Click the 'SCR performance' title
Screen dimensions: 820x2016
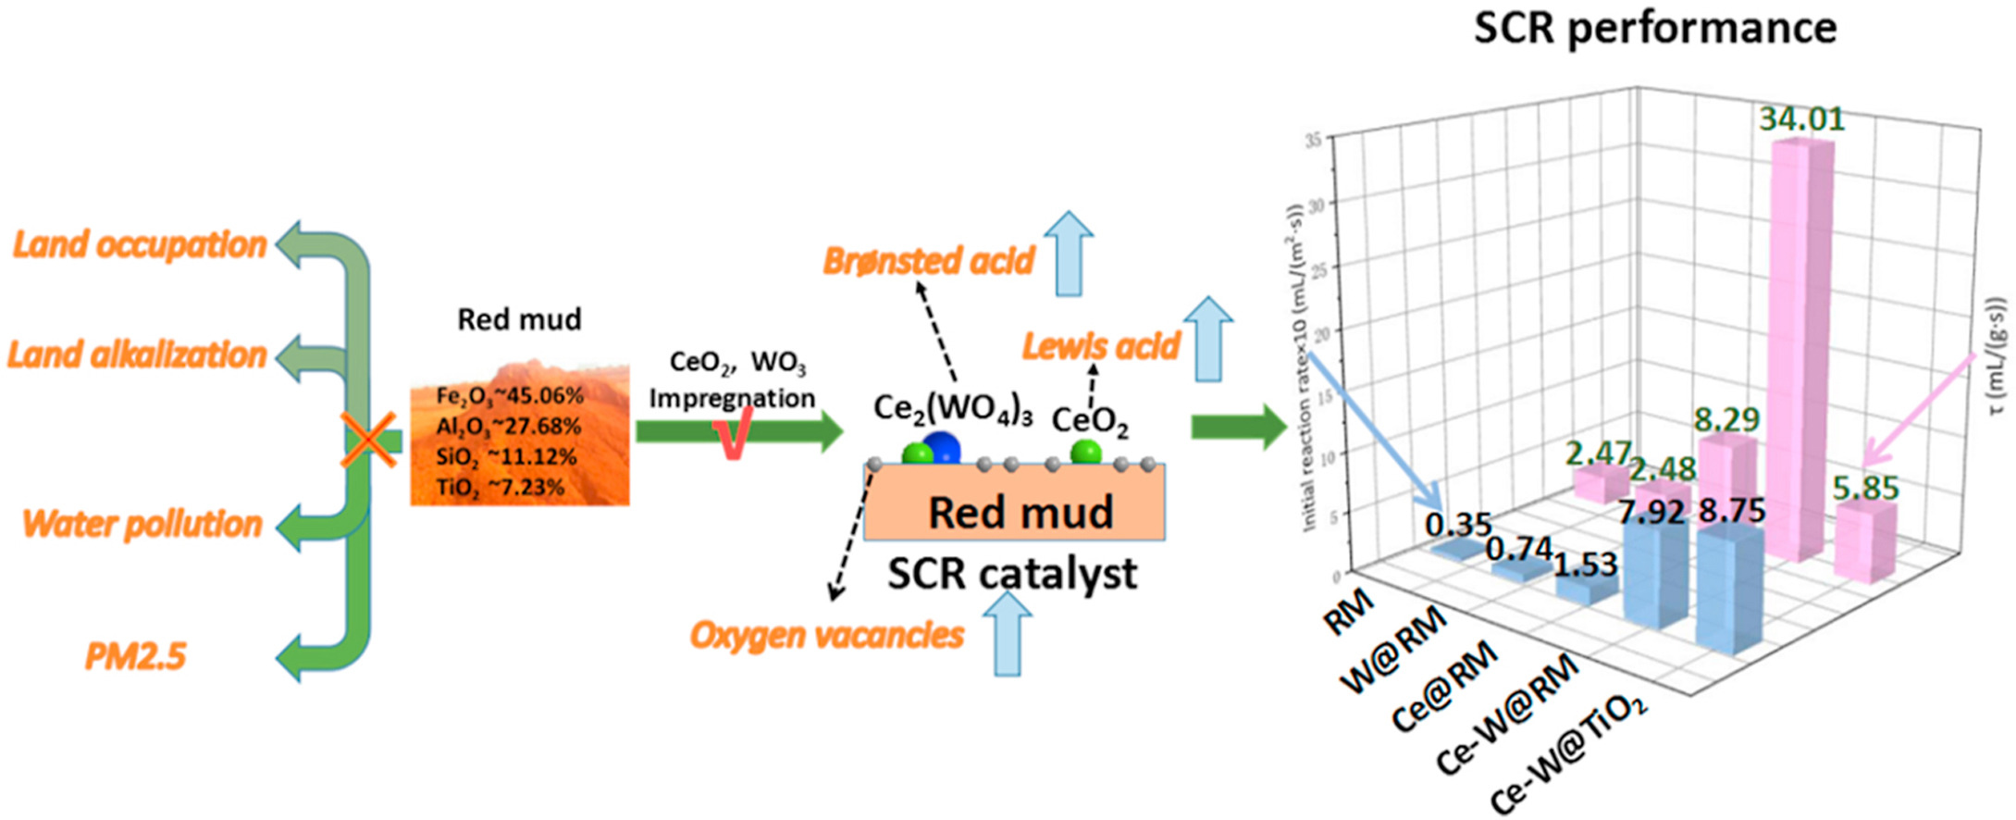(1654, 28)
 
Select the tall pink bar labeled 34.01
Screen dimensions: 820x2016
(1800, 352)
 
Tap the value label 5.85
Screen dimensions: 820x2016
(1865, 488)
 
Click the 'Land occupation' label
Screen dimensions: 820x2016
(140, 244)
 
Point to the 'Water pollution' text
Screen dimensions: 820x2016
(142, 524)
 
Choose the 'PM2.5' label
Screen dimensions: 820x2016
(135, 656)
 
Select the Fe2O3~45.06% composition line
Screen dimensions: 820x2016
(510, 396)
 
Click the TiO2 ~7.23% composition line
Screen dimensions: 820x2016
(500, 487)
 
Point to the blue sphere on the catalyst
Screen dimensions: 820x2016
(942, 448)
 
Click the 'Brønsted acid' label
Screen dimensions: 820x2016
(928, 261)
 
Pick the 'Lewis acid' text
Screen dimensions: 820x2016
(1100, 346)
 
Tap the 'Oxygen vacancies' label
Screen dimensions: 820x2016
(826, 635)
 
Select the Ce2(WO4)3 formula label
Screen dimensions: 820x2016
(953, 408)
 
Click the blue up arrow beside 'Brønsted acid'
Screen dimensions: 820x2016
(1070, 253)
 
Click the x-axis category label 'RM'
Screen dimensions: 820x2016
(1349, 613)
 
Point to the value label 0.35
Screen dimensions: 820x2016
(1458, 525)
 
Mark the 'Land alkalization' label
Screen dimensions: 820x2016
(137, 354)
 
